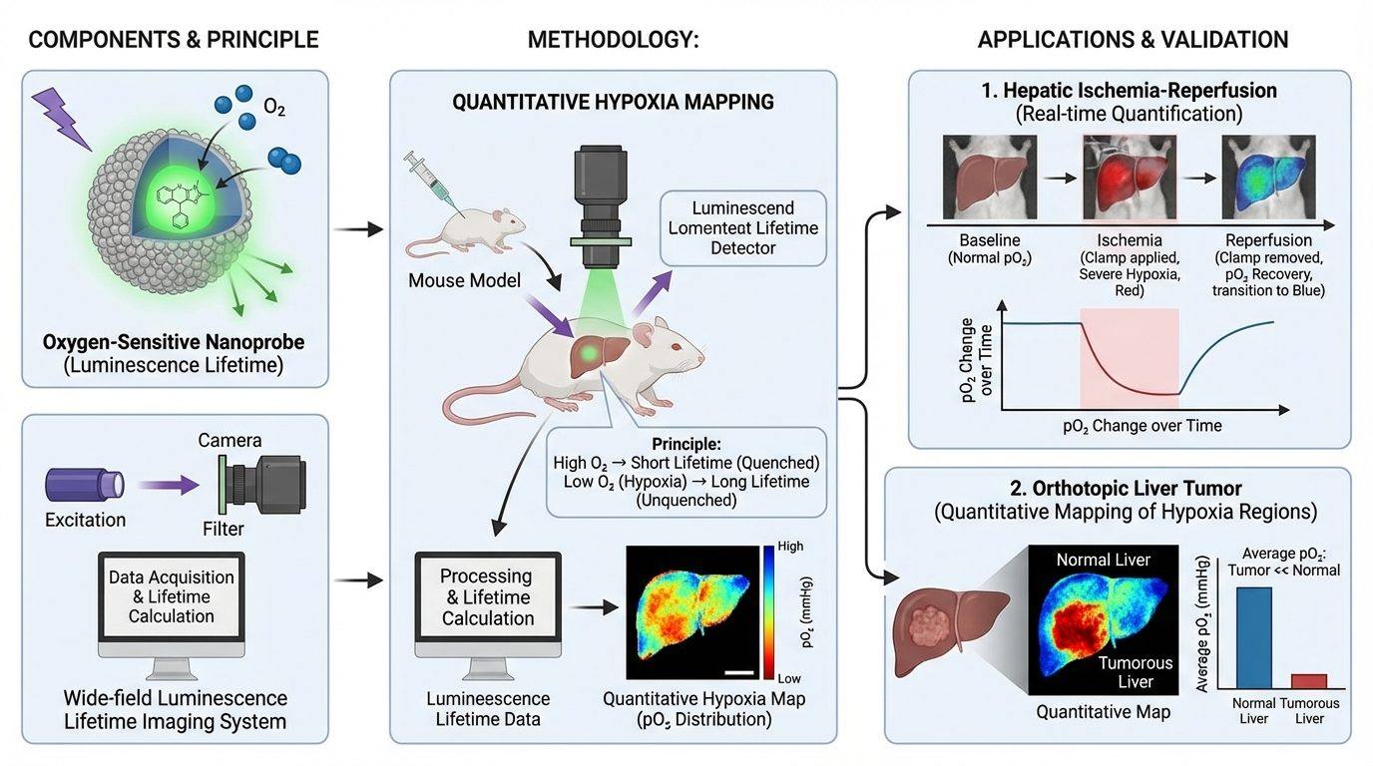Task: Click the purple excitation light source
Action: [x=85, y=485]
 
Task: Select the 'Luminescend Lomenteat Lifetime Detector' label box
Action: [x=743, y=228]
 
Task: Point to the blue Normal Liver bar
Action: [x=1254, y=638]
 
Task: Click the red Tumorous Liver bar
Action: [x=1309, y=681]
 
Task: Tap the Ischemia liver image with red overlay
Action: [x=1130, y=178]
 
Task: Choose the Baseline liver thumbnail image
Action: [x=990, y=178]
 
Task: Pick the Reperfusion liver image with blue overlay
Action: [x=1268, y=178]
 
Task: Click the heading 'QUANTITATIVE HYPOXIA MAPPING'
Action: [x=613, y=102]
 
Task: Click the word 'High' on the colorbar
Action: [x=790, y=546]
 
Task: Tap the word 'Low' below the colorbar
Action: [x=789, y=678]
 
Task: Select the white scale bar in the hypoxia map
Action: [x=739, y=673]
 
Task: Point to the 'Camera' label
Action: [x=229, y=440]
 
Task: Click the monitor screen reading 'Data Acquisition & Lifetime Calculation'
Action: [x=172, y=596]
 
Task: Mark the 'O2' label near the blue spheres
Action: [x=274, y=108]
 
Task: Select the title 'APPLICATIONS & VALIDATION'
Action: [x=1133, y=40]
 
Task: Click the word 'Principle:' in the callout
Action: [x=686, y=444]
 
